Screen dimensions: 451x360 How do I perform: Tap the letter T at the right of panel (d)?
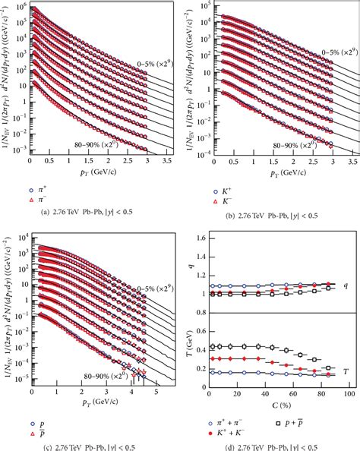pyautogui.click(x=346, y=371)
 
